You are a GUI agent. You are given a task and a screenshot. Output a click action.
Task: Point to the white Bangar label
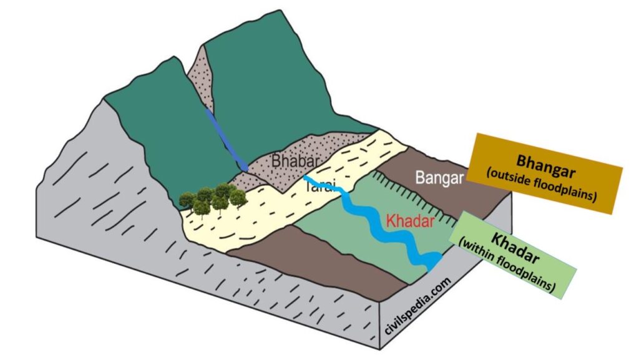pyautogui.click(x=441, y=178)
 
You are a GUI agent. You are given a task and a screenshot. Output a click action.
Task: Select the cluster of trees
pyautogui.click(x=213, y=196)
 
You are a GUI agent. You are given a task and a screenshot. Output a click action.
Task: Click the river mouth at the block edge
pyautogui.click(x=433, y=261)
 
